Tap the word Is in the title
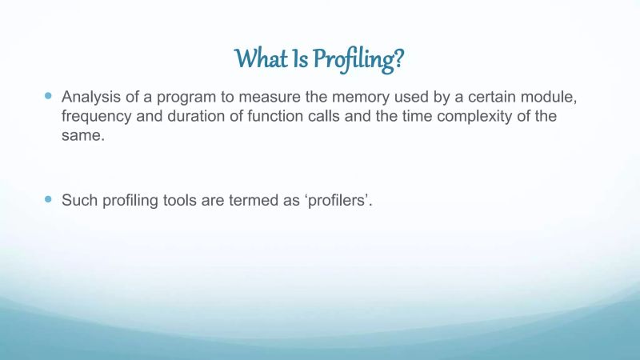(298, 58)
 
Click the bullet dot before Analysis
(46, 95)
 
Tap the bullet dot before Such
(46, 198)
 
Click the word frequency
(95, 117)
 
